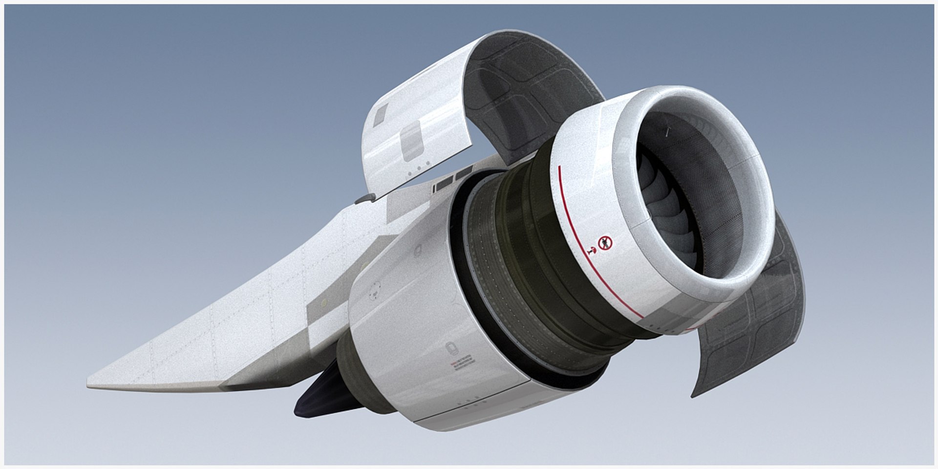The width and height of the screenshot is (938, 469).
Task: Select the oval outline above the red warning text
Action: click(x=450, y=349)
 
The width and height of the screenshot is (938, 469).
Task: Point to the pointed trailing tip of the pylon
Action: click(x=91, y=385)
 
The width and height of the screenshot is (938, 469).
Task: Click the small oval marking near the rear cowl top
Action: click(x=418, y=252)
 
